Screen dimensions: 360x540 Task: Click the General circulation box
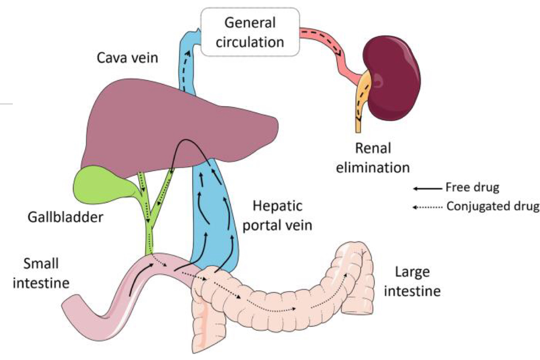(x=250, y=31)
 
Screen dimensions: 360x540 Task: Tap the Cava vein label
(x=128, y=58)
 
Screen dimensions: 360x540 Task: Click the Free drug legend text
(x=472, y=188)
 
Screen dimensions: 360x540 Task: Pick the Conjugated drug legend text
(x=492, y=207)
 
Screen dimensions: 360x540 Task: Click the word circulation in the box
(x=250, y=41)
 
